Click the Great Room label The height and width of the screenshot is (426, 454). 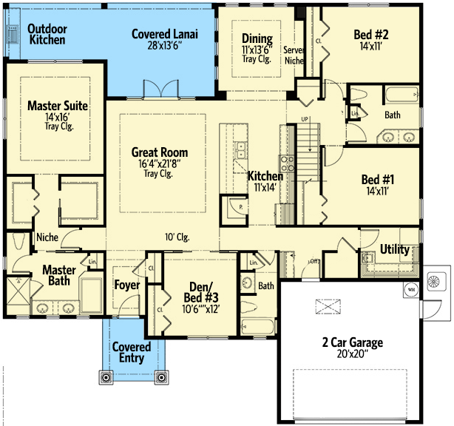pos(160,152)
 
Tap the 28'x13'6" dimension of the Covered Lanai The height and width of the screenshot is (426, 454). pos(164,45)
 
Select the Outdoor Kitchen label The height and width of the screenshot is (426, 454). pos(47,34)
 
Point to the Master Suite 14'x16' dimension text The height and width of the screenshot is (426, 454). pos(57,117)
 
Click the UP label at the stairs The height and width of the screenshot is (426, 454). pos(305,119)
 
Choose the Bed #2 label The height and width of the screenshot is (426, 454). pos(371,35)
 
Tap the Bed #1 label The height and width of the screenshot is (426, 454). pos(378,180)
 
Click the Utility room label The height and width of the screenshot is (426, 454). pos(394,249)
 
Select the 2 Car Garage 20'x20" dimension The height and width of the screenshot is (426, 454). pos(353,354)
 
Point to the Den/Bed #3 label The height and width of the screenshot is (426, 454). pos(201,292)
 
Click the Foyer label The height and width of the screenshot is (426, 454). pos(127,285)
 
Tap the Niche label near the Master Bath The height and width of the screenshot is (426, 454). pos(47,237)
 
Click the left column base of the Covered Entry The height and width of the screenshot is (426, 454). pos(106,377)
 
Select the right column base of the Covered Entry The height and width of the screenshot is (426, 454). pos(162,377)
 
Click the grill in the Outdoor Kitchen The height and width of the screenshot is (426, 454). pos(13,35)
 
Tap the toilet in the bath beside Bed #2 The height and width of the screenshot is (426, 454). pos(359,94)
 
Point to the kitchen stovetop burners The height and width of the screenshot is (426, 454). pos(287,164)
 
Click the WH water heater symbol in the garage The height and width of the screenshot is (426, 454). pos(411,289)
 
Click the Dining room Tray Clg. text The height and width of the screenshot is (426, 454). pos(257,59)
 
